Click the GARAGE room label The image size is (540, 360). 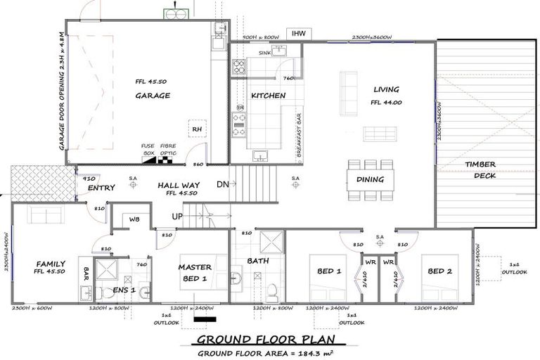(153, 96)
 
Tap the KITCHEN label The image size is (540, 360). (268, 96)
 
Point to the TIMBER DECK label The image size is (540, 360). (481, 169)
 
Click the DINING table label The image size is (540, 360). (371, 179)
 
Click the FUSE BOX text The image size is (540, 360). (148, 150)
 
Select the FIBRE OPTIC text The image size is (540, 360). (168, 150)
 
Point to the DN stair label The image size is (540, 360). (221, 184)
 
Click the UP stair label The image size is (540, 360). (179, 216)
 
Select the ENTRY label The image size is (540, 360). (101, 188)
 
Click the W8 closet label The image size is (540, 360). (134, 219)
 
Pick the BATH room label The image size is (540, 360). (258, 261)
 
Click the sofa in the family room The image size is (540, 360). (41, 215)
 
